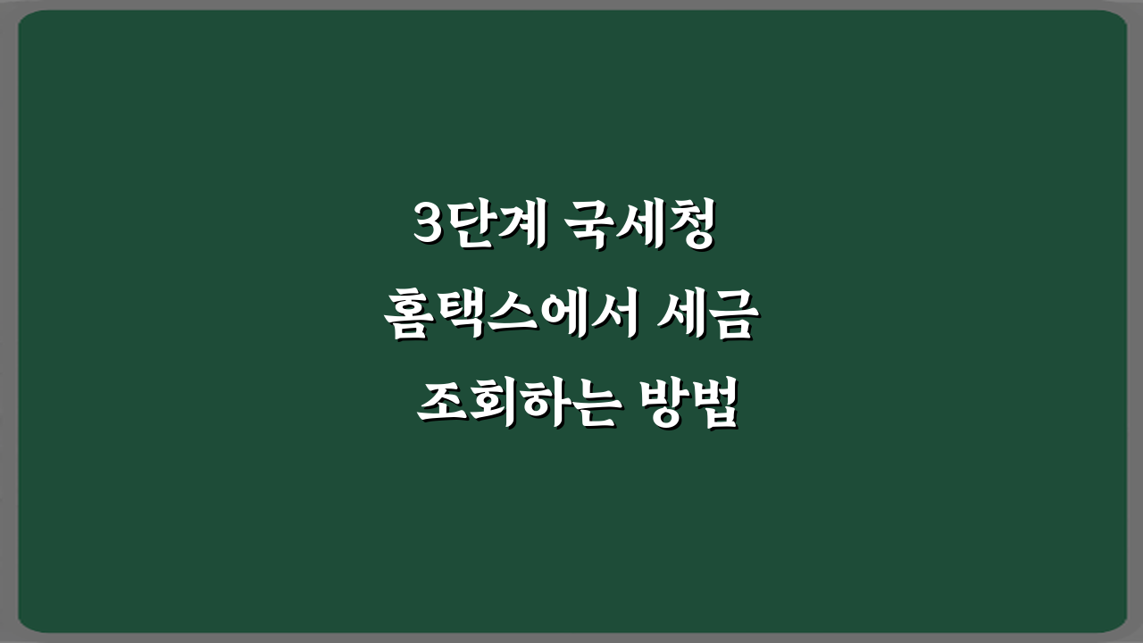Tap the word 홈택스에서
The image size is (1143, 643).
512,319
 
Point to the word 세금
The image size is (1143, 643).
713,319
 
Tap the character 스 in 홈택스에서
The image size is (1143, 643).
510,319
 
